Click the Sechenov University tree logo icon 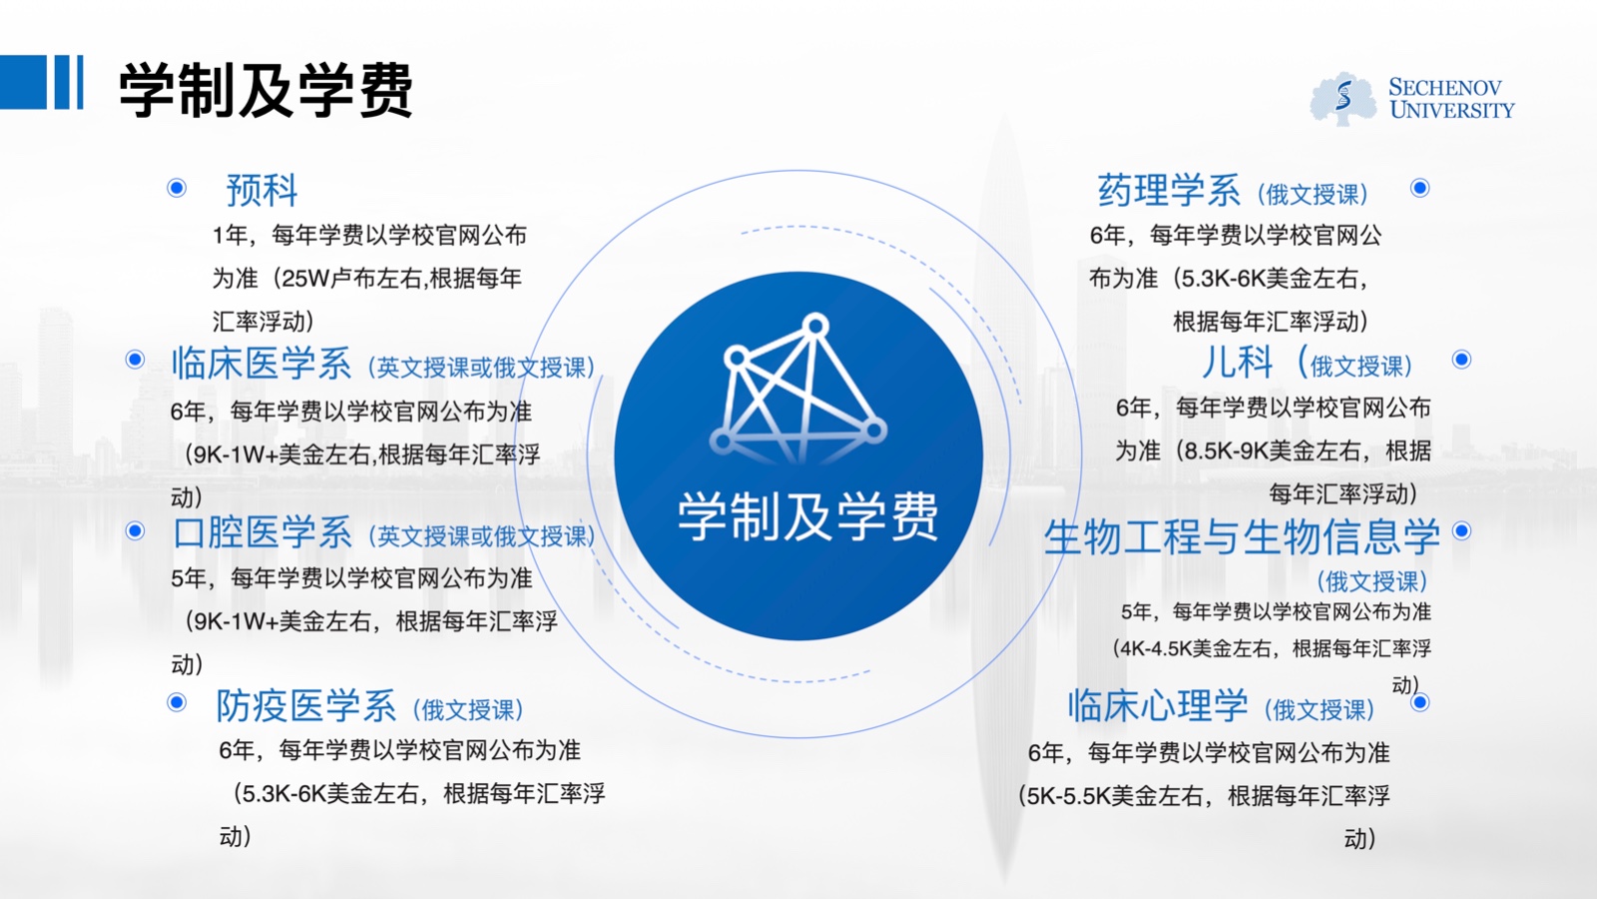click(x=1343, y=99)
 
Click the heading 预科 click(x=262, y=191)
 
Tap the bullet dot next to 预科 click(x=177, y=188)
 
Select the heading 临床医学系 click(x=262, y=363)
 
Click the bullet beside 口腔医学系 click(x=135, y=530)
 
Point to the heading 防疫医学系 click(x=305, y=705)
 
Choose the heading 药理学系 click(x=1169, y=191)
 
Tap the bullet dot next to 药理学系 click(x=1420, y=188)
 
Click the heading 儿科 click(x=1238, y=363)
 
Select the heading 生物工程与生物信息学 click(x=1242, y=536)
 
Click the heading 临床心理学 click(x=1158, y=705)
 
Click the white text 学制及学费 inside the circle click(x=807, y=516)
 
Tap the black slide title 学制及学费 click(x=266, y=90)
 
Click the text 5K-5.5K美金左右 click(x=1115, y=795)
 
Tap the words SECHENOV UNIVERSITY click(x=1451, y=99)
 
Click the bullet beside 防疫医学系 click(x=177, y=703)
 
